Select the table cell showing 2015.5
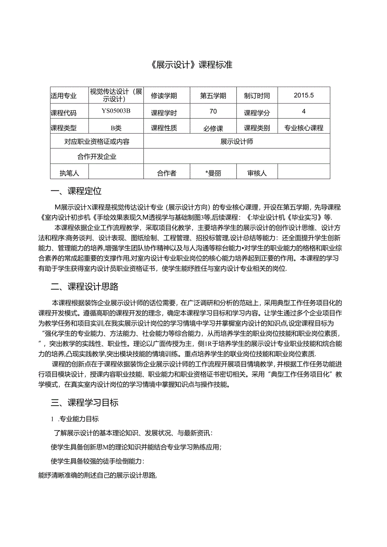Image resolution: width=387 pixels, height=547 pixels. click(x=304, y=95)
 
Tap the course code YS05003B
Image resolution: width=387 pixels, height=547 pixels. click(x=116, y=111)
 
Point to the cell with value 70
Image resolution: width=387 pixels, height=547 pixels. click(x=213, y=111)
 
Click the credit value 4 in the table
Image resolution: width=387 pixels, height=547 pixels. click(x=304, y=111)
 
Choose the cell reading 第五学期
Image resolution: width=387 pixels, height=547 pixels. click(x=213, y=96)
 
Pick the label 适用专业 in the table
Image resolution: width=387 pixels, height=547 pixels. click(x=64, y=96)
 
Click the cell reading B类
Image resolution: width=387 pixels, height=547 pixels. click(x=116, y=128)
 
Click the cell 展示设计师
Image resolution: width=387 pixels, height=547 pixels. click(x=237, y=142)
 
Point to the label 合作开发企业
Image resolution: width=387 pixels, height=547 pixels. click(x=97, y=157)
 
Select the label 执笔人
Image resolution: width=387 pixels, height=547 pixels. click(x=69, y=173)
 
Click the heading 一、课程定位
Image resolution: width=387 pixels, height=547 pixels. click(x=76, y=191)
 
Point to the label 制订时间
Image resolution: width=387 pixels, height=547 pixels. click(x=257, y=96)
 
